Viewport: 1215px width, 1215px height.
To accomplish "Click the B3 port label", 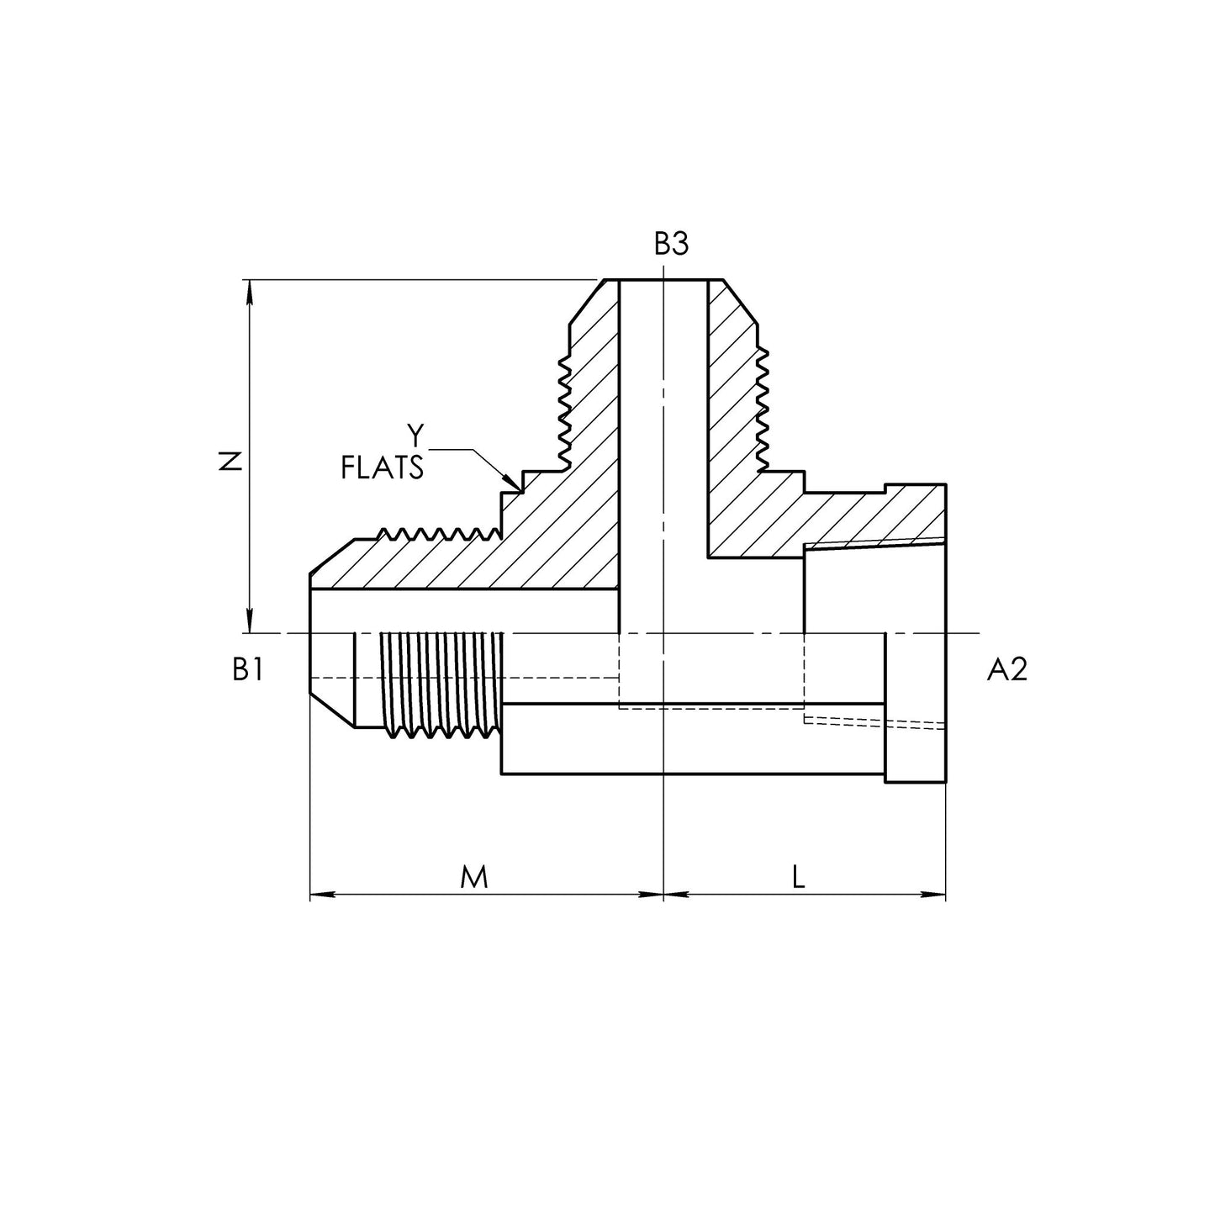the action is (x=671, y=243).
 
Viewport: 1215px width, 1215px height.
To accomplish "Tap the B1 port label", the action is (x=248, y=669).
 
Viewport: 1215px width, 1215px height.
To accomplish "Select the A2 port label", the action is (x=1006, y=669).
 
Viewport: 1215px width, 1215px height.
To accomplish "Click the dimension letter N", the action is (x=233, y=462).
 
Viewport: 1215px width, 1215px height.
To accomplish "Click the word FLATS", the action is (x=382, y=468).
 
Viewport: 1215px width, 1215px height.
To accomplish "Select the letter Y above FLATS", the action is (x=415, y=435).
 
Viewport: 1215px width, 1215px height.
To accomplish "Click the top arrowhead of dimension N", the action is (x=251, y=291).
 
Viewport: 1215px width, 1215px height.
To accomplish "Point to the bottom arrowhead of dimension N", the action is (x=251, y=621).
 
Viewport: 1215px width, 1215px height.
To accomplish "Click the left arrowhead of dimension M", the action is (x=322, y=894).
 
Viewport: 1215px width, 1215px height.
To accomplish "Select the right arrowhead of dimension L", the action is (x=934, y=894).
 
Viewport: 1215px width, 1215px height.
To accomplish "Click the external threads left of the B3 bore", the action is (x=563, y=413).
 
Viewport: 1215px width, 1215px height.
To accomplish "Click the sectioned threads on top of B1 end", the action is (x=439, y=533).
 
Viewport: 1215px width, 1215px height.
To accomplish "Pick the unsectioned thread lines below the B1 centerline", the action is (x=442, y=684).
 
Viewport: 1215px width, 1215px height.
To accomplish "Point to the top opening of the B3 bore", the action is (x=663, y=280).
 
